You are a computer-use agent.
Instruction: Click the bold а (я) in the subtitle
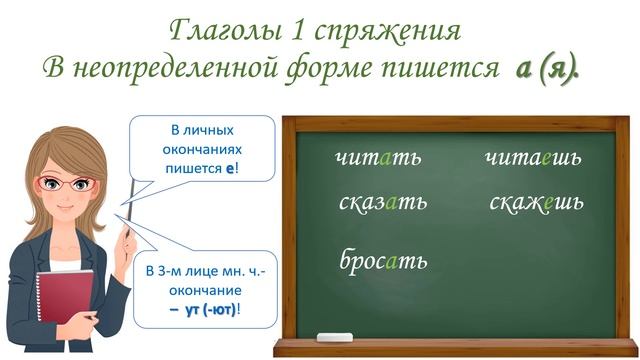548,67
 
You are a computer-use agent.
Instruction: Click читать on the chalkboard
379,158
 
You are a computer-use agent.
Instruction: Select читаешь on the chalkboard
533,158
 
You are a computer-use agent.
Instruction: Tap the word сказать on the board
383,202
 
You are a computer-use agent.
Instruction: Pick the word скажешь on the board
537,202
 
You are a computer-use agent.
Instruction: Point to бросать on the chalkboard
384,260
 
